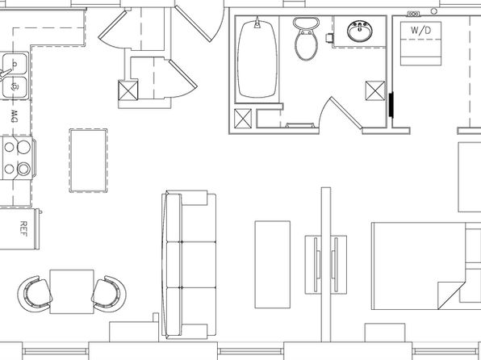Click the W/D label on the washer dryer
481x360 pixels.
point(420,31)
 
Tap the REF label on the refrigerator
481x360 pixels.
point(23,228)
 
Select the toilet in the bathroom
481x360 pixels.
point(306,39)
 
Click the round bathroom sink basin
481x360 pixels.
point(360,31)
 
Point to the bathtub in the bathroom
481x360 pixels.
point(257,59)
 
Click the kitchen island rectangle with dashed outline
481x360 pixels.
point(88,161)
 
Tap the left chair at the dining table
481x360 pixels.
point(35,294)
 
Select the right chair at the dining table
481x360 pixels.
point(109,294)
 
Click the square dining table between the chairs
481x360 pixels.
point(72,291)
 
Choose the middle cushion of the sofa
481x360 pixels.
point(199,265)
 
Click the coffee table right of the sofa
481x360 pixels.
point(273,264)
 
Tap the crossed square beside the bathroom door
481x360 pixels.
point(374,90)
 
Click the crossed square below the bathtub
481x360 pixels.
point(243,118)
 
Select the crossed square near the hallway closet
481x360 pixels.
point(128,90)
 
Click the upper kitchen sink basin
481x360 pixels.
point(15,64)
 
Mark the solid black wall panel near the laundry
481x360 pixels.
point(391,104)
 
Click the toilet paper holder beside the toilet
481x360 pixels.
point(329,38)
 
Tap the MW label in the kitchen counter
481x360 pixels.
point(14,116)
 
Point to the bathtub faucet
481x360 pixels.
point(257,23)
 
